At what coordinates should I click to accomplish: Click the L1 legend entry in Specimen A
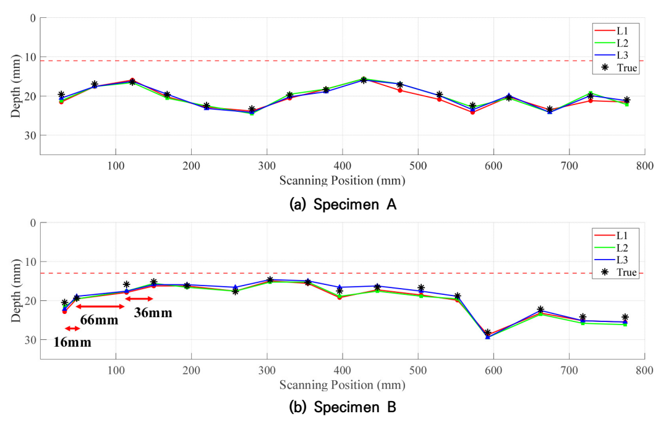tap(611, 30)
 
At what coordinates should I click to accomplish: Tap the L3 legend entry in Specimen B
tap(611, 260)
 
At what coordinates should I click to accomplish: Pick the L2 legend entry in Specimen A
tap(611, 43)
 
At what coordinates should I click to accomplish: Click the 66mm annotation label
tap(99, 320)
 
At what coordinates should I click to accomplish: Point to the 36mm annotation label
tap(153, 313)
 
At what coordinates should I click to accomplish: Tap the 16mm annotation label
tap(72, 342)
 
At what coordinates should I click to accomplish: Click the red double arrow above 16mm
tap(72, 328)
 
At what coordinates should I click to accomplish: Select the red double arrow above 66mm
tap(100, 307)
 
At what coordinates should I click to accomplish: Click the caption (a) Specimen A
tap(343, 205)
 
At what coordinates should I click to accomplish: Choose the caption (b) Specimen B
tap(343, 407)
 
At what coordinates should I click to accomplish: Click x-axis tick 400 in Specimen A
tap(343, 166)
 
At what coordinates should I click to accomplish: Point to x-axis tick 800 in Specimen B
tap(644, 370)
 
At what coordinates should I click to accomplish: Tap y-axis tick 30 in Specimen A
tap(30, 135)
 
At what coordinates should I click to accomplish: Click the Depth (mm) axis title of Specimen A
tap(15, 86)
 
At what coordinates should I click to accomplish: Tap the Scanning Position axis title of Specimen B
tap(343, 385)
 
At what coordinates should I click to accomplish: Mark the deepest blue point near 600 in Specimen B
tap(488, 337)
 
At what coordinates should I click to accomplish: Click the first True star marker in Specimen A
tap(61, 95)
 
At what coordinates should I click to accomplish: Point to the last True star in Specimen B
tap(625, 317)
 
